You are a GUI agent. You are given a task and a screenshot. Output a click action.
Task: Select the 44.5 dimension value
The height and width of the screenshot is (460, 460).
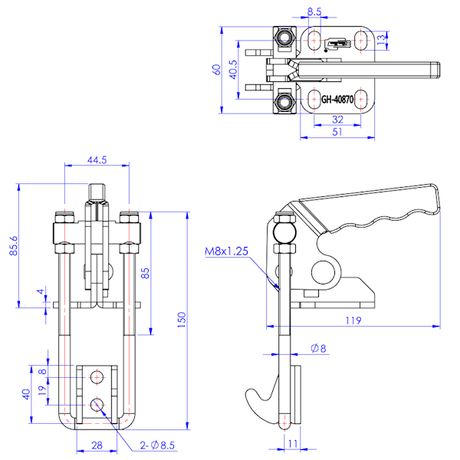97,160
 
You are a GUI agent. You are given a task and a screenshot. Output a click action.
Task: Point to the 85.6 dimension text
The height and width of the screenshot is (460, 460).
12,245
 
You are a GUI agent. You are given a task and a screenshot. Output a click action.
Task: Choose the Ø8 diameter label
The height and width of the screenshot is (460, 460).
318,350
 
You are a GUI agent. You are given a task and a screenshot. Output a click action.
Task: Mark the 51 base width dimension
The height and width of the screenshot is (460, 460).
337,132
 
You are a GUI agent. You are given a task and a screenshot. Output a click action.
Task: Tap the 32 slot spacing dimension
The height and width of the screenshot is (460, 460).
337,120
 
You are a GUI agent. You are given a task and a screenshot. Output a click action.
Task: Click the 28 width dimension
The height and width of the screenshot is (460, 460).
97,445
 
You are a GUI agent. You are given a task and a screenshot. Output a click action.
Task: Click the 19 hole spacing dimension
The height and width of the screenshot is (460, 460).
43,389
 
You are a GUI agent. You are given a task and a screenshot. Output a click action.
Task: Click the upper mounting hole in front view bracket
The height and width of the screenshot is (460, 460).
97,376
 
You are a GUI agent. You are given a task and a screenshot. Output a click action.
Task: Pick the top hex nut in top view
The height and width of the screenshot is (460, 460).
285,37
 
